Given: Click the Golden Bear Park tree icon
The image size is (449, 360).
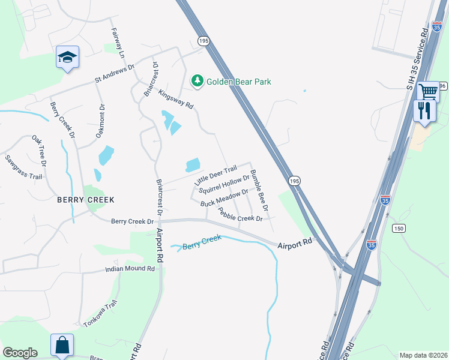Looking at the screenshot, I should pyautogui.click(x=196, y=81).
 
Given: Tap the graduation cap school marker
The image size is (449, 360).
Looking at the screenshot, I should pyautogui.click(x=67, y=58).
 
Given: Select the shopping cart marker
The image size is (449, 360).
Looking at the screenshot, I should pyautogui.click(x=428, y=92).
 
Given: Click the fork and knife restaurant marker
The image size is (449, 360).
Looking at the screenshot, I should pyautogui.click(x=425, y=110).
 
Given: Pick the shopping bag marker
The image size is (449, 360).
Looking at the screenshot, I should pyautogui.click(x=62, y=345).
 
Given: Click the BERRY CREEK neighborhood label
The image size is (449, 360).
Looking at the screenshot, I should pyautogui.click(x=85, y=199).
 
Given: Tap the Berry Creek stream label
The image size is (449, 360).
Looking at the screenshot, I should pyautogui.click(x=202, y=242).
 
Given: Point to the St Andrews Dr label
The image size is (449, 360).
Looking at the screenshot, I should pyautogui.click(x=115, y=74).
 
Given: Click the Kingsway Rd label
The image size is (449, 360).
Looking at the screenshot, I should pyautogui.click(x=176, y=99).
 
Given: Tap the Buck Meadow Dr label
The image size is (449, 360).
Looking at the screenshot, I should pyautogui.click(x=224, y=198).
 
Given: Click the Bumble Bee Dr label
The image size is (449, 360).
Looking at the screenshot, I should pyautogui.click(x=259, y=190).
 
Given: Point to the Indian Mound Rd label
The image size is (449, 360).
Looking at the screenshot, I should pyautogui.click(x=130, y=268).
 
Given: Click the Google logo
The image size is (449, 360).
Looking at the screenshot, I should pyautogui.click(x=20, y=353).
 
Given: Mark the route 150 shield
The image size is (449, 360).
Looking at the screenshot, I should pyautogui.click(x=399, y=228).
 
